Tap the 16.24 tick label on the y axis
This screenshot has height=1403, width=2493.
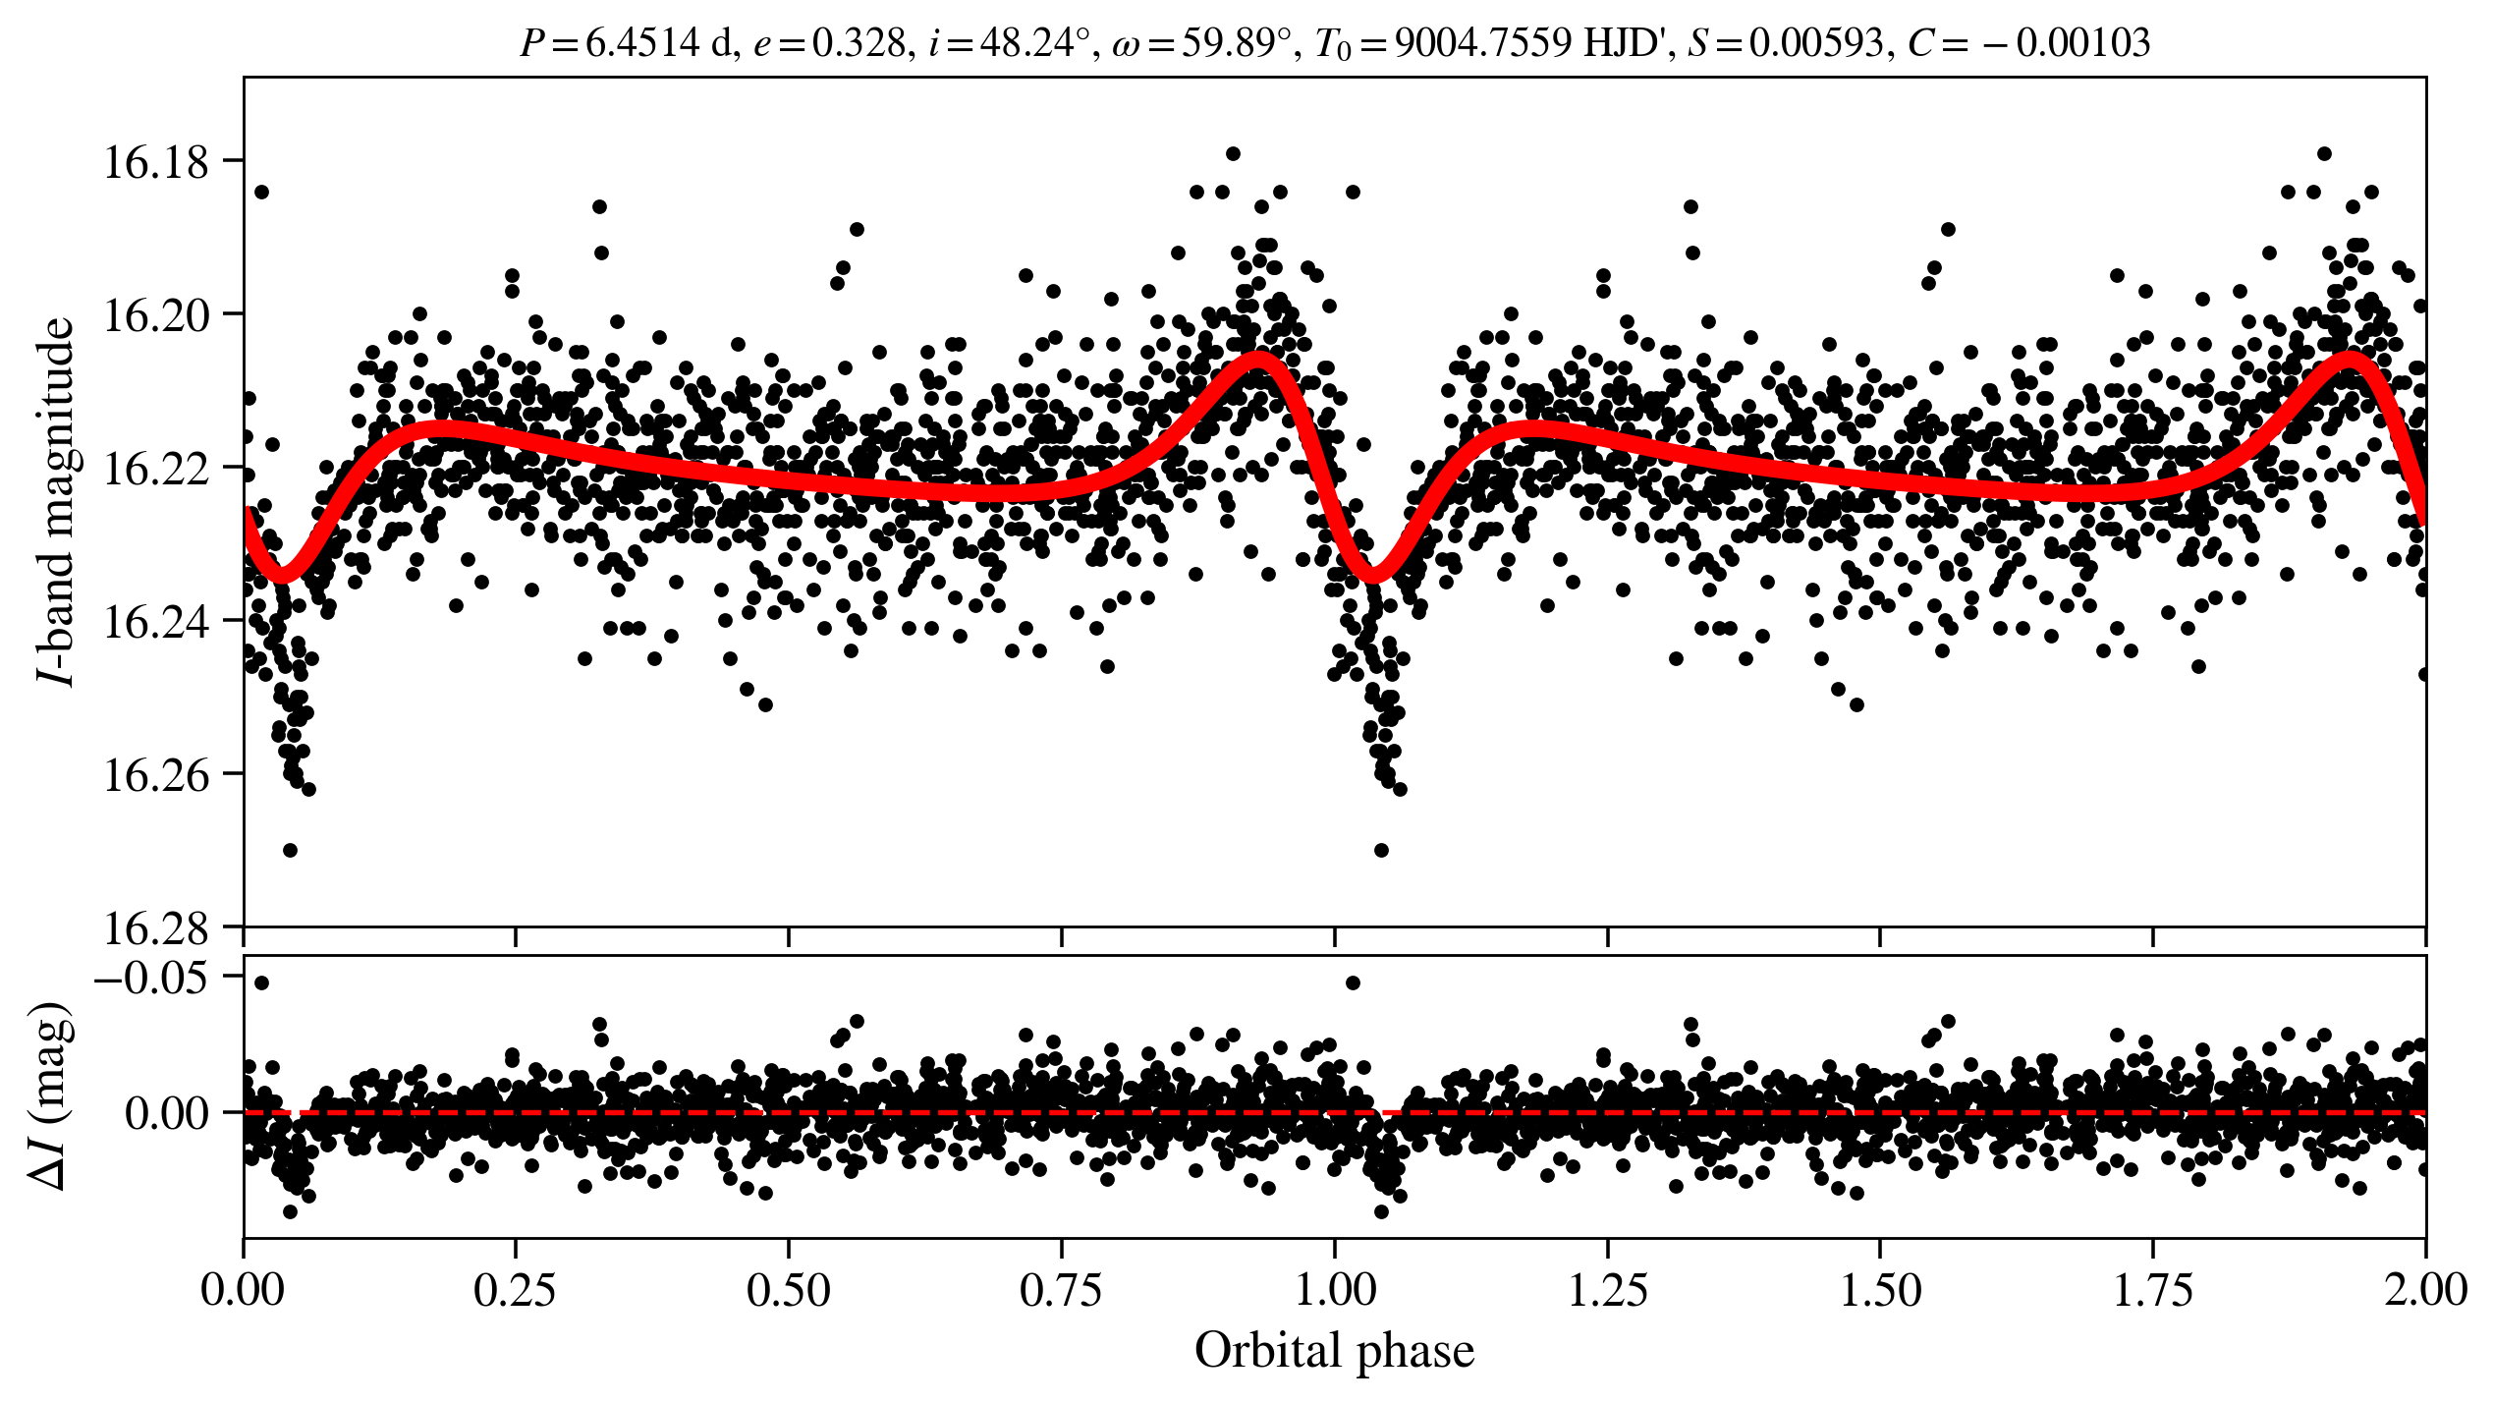click(x=156, y=623)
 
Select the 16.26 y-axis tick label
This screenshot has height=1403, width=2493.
click(x=156, y=776)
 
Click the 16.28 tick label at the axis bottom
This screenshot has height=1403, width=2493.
click(x=156, y=928)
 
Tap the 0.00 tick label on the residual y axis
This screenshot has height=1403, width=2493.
click(x=167, y=1114)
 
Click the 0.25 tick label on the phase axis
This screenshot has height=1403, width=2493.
click(x=516, y=1290)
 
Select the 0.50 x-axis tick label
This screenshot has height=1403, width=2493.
click(x=789, y=1290)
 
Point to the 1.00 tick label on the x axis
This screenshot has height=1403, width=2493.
click(x=1334, y=1290)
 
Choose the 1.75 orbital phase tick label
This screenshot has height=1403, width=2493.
click(x=2153, y=1290)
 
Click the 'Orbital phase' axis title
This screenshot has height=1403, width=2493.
click(x=1334, y=1351)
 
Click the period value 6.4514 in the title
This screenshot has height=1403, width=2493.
click(x=642, y=43)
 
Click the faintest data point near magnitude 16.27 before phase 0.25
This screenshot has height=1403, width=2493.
click(x=290, y=850)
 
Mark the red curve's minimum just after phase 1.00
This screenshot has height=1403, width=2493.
click(x=1373, y=575)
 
